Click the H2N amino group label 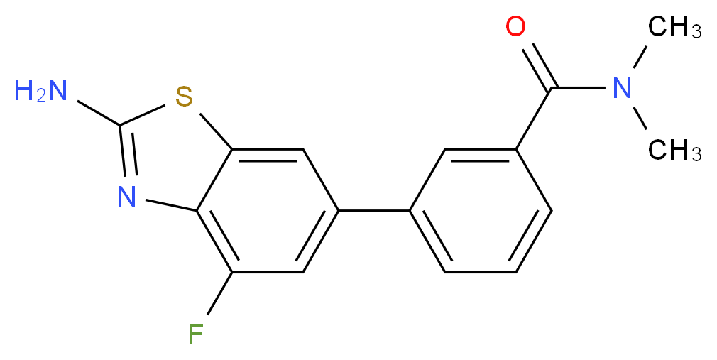pos(40,91)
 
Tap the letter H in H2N pos(23,90)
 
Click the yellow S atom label pos(185,96)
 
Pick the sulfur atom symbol pos(185,96)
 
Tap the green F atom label pos(196,333)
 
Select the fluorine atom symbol pos(196,333)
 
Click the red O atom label pos(515,28)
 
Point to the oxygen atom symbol pos(515,28)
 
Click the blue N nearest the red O pos(622,89)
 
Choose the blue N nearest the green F pos(126,197)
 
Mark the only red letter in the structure pos(515,28)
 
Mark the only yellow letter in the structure pos(185,96)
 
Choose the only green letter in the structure pos(196,333)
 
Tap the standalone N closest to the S pos(126,197)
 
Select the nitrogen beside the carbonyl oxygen pos(622,89)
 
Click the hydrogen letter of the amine pos(23,90)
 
